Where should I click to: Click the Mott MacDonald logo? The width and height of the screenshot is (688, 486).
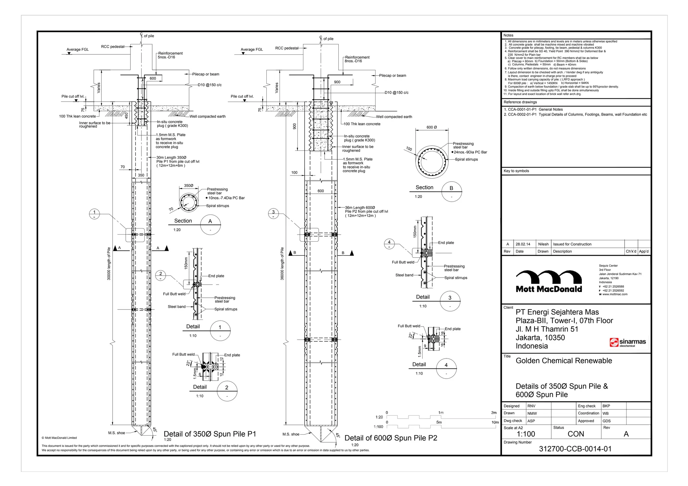(x=549, y=281)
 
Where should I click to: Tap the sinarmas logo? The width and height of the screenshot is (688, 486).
(x=628, y=342)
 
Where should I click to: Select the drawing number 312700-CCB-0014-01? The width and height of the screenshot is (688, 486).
(x=575, y=449)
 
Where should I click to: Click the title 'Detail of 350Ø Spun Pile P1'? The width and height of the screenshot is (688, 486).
(x=210, y=434)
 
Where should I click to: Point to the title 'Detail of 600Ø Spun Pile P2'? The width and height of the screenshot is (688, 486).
(x=391, y=438)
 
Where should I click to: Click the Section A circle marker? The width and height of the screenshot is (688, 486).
(x=210, y=225)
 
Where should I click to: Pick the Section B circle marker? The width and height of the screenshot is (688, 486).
(x=451, y=192)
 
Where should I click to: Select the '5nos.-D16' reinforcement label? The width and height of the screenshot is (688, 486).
(x=166, y=57)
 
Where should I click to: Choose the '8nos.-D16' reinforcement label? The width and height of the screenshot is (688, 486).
(x=353, y=61)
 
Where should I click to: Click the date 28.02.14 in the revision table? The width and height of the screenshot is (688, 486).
(x=523, y=244)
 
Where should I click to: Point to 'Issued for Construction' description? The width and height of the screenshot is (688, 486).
(x=572, y=244)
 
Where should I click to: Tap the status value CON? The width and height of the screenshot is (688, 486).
(x=576, y=434)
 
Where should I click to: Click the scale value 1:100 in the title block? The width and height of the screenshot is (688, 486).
(x=526, y=434)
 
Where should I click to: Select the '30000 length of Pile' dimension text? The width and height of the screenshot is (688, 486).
(x=109, y=264)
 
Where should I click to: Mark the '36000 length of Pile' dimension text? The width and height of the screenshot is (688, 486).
(x=282, y=264)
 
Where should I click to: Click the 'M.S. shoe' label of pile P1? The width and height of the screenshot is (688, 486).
(x=117, y=433)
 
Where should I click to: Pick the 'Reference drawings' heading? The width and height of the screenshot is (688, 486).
(x=520, y=102)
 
